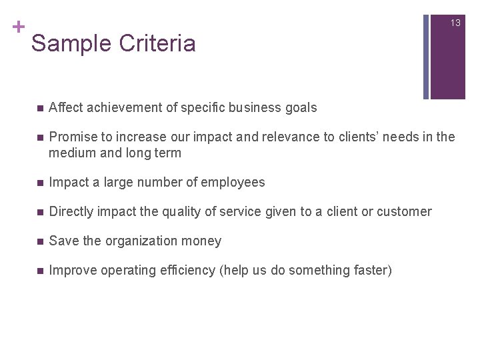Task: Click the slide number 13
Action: [x=455, y=23]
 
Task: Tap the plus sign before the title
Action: [x=18, y=27]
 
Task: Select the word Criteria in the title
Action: [x=157, y=44]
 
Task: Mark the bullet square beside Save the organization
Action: [x=40, y=241]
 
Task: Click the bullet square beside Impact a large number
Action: [x=40, y=183]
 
